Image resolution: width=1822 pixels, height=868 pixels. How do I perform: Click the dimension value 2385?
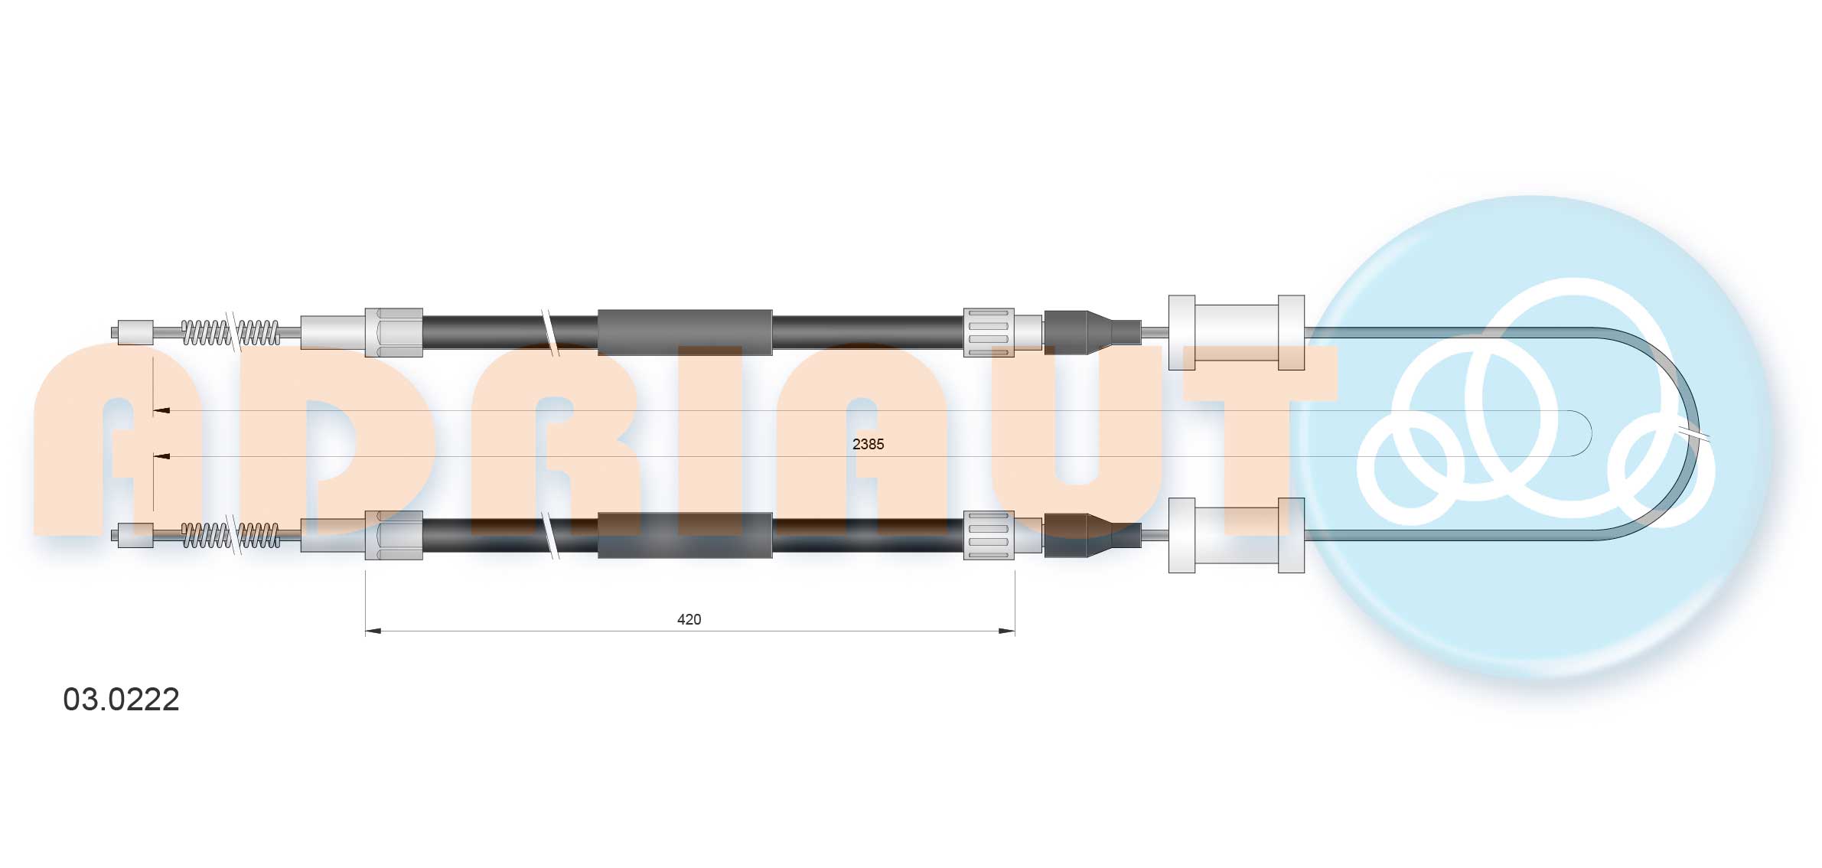coord(868,444)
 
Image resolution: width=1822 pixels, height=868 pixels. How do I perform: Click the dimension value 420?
coord(689,619)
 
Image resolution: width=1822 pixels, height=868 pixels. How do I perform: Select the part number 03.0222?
coord(121,700)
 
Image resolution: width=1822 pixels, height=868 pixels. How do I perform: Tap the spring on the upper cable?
coord(230,332)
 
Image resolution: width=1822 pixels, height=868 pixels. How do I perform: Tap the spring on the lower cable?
coord(230,535)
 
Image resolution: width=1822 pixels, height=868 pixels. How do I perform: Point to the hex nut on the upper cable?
coord(394,332)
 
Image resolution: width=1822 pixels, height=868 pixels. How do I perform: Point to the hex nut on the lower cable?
coord(394,535)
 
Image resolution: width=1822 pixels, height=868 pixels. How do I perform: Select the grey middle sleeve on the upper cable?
coord(685,332)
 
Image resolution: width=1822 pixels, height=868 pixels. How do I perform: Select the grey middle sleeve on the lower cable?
coord(685,535)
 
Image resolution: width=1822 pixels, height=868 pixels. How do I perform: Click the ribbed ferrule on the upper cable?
coord(988,332)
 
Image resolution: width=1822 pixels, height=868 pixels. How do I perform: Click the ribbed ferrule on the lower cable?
coord(988,535)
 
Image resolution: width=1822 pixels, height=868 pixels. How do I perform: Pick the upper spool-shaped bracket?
coord(1236,332)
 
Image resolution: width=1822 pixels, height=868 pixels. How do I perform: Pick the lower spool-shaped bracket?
coord(1236,535)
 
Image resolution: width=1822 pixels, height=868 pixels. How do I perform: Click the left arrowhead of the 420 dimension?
coord(373,631)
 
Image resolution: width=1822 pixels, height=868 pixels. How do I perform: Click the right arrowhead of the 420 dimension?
coord(1007,631)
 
